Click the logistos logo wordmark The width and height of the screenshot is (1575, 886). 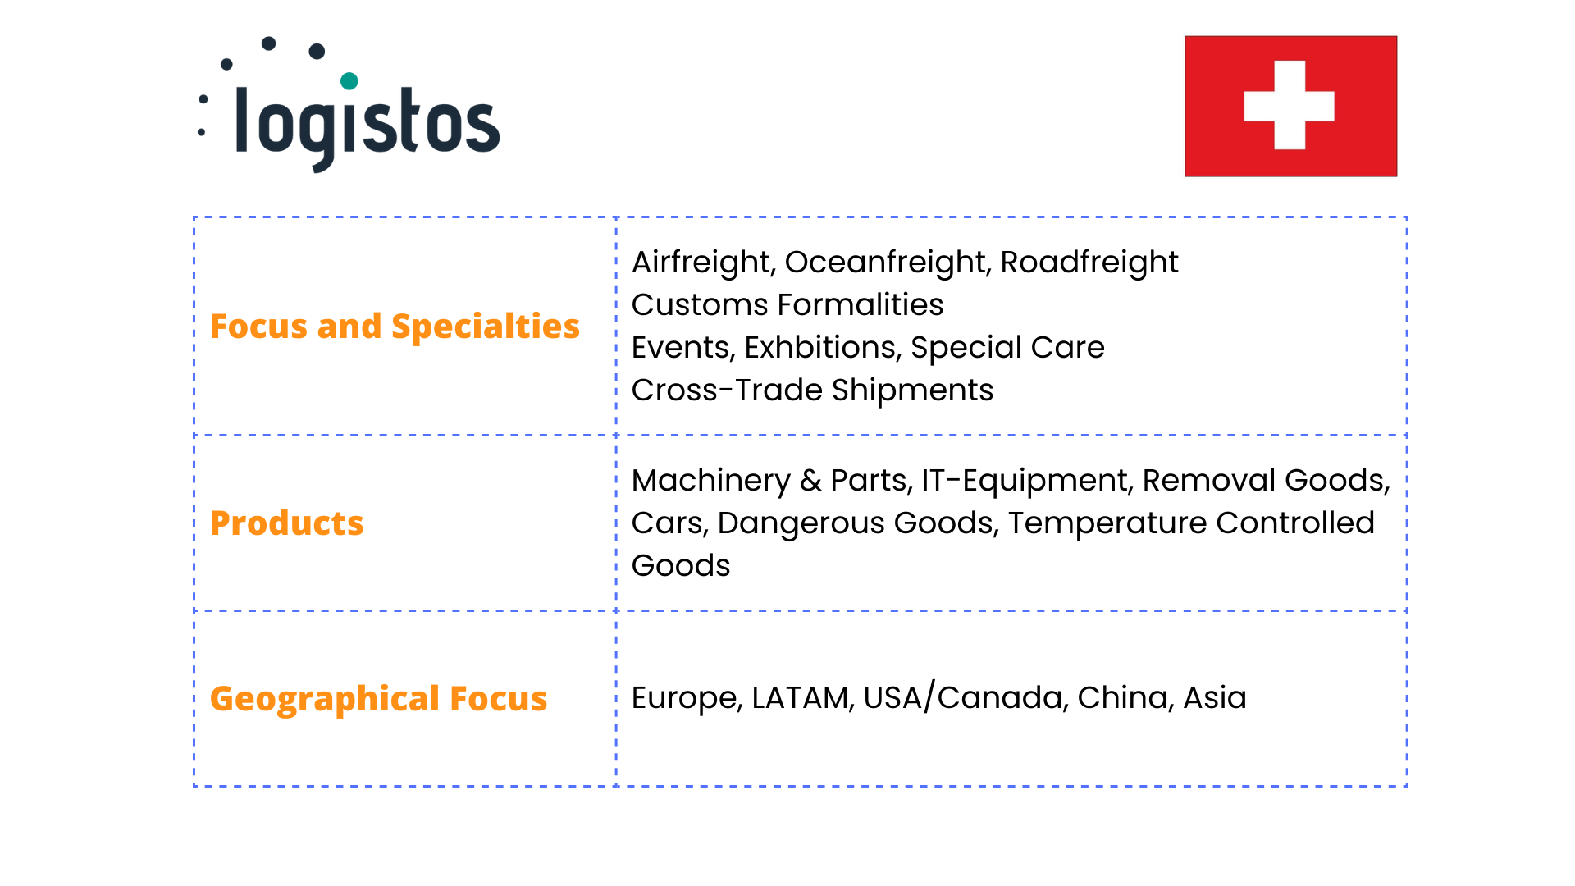pos(367,126)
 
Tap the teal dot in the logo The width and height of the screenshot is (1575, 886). pos(349,80)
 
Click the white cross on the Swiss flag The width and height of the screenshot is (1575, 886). pos(1290,105)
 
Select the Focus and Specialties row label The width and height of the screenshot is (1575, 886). pos(395,327)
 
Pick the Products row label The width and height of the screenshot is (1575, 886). pos(286,523)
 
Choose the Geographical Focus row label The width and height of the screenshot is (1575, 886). pos(378,699)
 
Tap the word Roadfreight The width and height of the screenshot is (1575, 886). pos(1089,263)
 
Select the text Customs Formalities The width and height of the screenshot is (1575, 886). pos(787,304)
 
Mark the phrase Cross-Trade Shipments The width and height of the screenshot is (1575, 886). pos(812,390)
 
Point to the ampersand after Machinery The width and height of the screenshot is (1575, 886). pos(810,481)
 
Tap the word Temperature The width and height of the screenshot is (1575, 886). pos(1107,523)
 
